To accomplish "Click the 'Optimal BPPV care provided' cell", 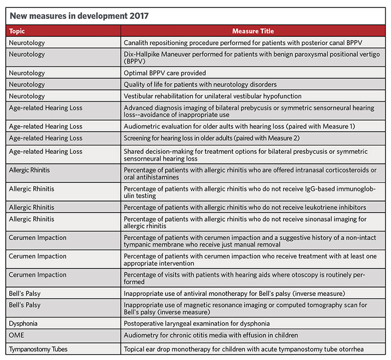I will tap(165, 73).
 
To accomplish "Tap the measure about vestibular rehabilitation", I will tap(213, 96).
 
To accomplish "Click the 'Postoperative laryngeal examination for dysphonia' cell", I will tap(196, 323).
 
